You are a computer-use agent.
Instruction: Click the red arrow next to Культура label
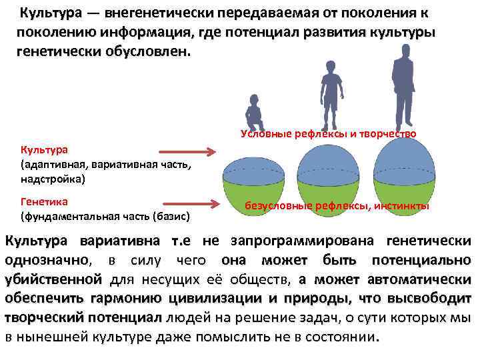(x=189, y=152)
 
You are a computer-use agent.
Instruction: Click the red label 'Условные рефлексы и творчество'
(x=328, y=134)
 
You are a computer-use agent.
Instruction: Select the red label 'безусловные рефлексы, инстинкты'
(x=337, y=206)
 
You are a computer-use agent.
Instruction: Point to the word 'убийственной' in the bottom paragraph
(x=53, y=278)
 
